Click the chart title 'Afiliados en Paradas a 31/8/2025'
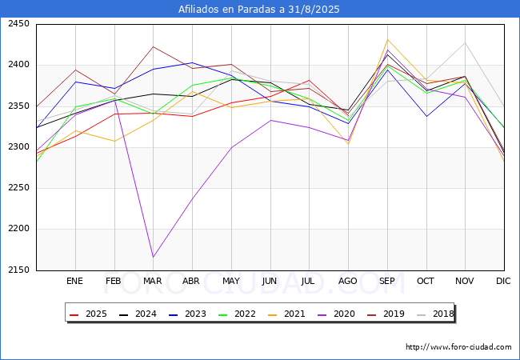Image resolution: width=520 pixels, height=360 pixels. tap(259, 10)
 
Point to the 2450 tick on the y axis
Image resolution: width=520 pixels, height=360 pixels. tap(17, 24)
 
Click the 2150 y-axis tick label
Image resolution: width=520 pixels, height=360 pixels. tap(17, 270)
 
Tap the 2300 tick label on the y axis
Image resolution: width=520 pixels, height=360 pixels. tap(17, 147)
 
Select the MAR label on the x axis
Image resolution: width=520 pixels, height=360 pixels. tap(152, 282)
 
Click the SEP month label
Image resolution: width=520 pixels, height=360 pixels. tap(386, 282)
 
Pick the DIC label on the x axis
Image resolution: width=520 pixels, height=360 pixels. tap(503, 282)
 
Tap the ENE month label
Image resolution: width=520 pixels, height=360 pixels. tap(74, 282)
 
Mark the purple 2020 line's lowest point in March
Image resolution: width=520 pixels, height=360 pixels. tap(152, 257)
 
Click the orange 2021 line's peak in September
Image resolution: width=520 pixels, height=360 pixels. tap(387, 40)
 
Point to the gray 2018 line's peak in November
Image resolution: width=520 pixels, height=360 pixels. tap(465, 43)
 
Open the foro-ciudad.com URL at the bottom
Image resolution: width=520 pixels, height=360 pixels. tap(458, 347)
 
